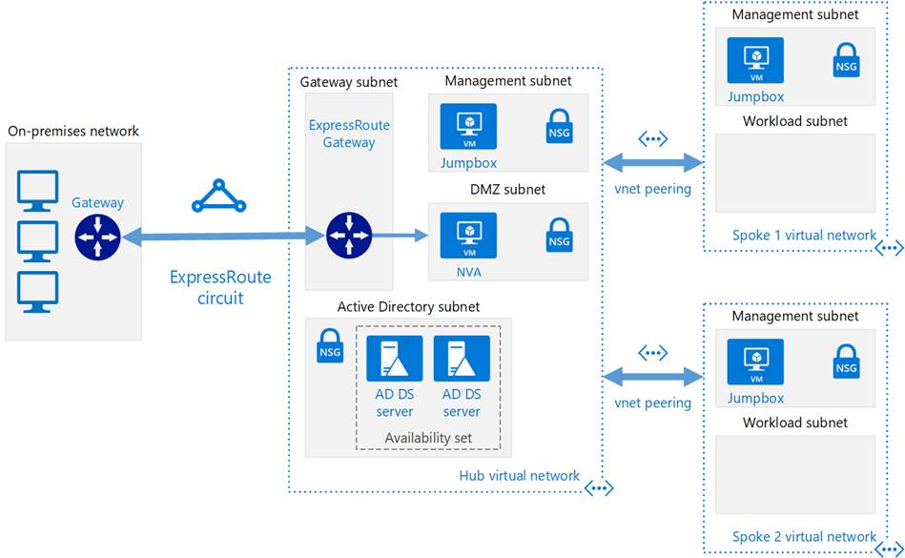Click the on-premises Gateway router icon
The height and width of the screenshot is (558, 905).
97,237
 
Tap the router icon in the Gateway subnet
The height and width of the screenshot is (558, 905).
349,236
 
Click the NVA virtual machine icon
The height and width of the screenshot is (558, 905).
468,236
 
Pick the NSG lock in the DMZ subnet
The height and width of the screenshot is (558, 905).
559,235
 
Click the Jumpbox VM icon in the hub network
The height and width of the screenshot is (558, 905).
468,126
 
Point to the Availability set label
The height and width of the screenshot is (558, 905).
428,438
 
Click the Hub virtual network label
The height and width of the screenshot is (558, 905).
520,475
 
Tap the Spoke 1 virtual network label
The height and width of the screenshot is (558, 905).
804,235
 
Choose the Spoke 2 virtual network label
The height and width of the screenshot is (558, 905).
804,537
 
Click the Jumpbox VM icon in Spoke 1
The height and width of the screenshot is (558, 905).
755,61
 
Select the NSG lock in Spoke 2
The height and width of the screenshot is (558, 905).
847,362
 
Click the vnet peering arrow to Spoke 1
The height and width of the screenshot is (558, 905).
653,163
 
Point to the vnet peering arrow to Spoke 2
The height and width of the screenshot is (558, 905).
653,378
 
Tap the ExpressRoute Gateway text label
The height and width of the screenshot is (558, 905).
349,134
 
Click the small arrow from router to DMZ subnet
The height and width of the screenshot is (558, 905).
401,235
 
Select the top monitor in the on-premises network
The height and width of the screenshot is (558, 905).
37,191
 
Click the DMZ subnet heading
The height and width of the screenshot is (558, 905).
508,189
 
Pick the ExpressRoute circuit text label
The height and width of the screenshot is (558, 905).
220,287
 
